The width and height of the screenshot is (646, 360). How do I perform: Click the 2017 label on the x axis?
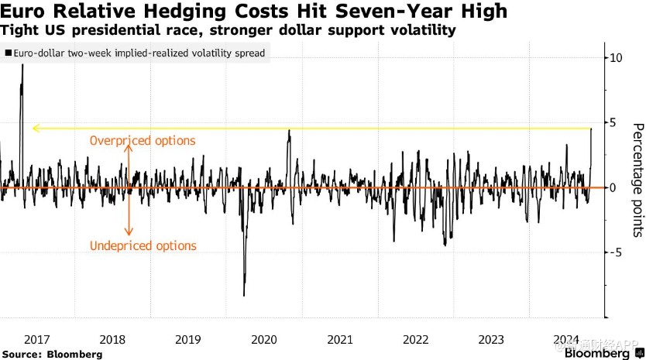tap(37, 339)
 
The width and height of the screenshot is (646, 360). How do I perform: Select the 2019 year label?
tap(188, 339)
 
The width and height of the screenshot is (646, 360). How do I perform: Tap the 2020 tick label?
tap(264, 339)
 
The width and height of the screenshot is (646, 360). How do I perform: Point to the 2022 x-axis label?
tap(416, 339)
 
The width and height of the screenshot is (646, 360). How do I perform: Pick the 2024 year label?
tap(568, 339)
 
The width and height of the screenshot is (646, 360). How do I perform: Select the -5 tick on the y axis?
tap(617, 252)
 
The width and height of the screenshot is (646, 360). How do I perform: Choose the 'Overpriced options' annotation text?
tap(143, 141)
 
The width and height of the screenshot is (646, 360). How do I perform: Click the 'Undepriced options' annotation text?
tap(143, 245)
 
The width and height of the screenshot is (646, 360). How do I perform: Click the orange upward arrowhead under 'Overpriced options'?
tap(129, 149)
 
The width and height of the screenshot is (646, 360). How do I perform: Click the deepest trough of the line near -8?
tap(245, 296)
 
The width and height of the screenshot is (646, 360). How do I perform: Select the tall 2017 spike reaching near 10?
tap(22, 66)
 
